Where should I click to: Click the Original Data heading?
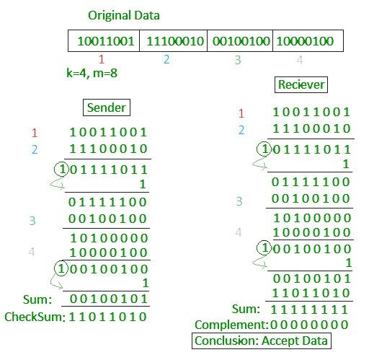(124, 15)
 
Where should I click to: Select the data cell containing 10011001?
(104, 41)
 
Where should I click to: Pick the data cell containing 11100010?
(173, 41)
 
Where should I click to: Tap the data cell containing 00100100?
(240, 41)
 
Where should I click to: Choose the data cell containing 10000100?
(308, 41)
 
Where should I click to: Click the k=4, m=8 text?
(92, 73)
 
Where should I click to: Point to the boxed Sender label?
(107, 107)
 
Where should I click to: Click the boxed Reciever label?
(301, 84)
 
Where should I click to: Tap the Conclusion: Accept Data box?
(262, 341)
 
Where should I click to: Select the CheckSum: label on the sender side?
(35, 317)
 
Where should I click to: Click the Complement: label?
(231, 325)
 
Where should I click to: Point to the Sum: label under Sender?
(37, 299)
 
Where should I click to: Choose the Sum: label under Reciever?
(246, 309)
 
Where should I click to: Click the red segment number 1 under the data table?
(101, 59)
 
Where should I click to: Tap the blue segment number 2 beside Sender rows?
(35, 150)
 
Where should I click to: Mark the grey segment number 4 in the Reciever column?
(238, 232)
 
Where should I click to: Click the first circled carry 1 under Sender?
(61, 169)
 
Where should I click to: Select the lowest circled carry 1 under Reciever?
(264, 247)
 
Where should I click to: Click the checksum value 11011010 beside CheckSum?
(108, 317)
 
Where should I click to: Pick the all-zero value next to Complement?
(309, 325)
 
